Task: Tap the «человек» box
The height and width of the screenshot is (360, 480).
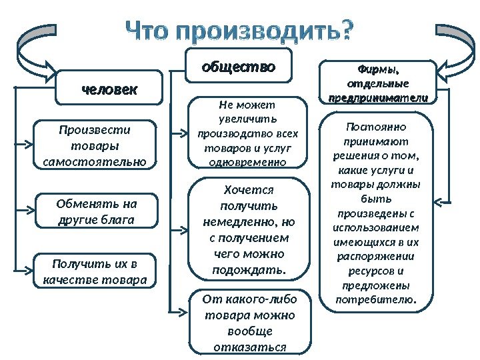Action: pos(109,88)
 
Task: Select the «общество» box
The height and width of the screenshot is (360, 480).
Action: pos(238,67)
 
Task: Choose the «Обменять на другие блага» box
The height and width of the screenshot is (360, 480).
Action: pos(95,211)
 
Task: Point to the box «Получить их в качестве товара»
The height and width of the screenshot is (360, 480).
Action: pos(94,270)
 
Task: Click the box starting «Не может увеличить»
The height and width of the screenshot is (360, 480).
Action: pos(250,133)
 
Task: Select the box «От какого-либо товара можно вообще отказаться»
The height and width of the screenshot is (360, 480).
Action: pos(250,322)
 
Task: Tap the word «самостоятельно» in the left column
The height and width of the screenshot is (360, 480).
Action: pos(94,161)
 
